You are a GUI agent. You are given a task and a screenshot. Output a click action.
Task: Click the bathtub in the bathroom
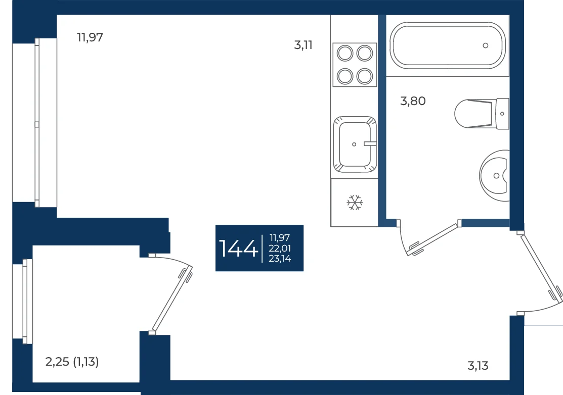click(x=447, y=45)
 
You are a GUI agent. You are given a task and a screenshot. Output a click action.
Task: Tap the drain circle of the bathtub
click(x=486, y=45)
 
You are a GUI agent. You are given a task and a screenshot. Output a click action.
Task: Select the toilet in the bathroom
click(x=482, y=114)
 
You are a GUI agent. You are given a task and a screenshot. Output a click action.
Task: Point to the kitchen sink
click(x=355, y=144)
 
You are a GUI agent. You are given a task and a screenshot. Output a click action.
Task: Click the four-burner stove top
click(x=355, y=65)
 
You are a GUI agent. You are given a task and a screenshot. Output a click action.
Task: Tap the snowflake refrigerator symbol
click(x=355, y=203)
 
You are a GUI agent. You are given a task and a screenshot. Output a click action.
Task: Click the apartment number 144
click(x=238, y=249)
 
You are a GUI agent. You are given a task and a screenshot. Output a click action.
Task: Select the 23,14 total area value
click(x=280, y=259)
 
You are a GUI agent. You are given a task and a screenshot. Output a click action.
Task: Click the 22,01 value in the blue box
click(x=280, y=248)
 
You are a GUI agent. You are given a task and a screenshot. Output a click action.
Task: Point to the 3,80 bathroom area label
click(x=413, y=101)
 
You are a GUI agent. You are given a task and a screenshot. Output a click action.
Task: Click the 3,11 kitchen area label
click(x=303, y=45)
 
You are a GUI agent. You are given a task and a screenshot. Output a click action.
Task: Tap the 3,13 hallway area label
click(x=478, y=366)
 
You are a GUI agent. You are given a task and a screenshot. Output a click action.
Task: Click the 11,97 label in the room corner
click(x=90, y=37)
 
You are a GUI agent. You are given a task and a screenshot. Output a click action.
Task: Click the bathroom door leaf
click(x=434, y=238)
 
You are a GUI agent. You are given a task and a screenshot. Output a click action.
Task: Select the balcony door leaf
click(x=172, y=298)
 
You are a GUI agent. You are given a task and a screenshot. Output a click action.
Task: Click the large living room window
click(x=35, y=123)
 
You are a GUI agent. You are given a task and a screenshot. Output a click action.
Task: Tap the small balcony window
click(x=23, y=301)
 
